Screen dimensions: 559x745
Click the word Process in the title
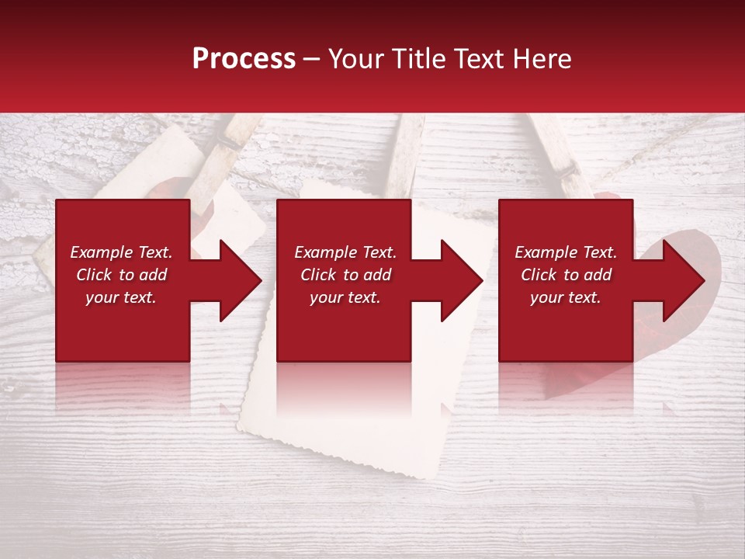pos(244,59)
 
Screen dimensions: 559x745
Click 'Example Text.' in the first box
pos(121,252)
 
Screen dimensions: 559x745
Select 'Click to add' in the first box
pos(121,275)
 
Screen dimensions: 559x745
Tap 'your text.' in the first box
pos(121,297)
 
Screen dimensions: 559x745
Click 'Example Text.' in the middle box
pos(345,252)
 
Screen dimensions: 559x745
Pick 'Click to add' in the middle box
pos(345,275)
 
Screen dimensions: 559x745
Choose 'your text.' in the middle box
pos(345,297)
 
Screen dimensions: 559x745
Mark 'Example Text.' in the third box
pos(566,252)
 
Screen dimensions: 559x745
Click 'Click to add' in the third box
pos(566,275)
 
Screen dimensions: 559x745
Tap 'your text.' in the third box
pos(566,297)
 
